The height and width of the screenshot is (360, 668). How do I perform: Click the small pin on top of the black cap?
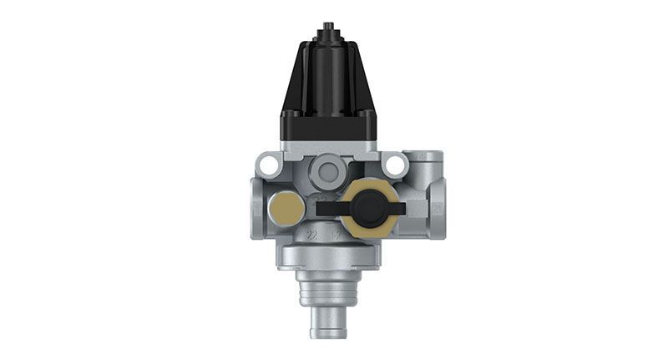click(328, 28)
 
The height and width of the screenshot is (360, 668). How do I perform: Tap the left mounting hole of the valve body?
click(269, 165)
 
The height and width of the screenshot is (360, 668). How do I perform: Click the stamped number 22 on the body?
click(312, 234)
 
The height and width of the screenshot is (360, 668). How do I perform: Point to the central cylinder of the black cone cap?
click(328, 75)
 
